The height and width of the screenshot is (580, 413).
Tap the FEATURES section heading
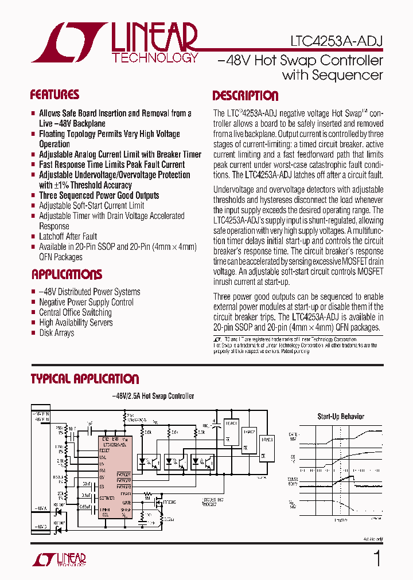pos(54,95)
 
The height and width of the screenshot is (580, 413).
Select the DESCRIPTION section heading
pos(246,96)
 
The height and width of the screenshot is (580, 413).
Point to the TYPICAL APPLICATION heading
pos(84,379)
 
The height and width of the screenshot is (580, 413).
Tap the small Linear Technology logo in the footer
pos(59,559)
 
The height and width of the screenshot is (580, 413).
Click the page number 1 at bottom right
pos(377,558)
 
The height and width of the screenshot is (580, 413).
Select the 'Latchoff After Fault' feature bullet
pos(68,236)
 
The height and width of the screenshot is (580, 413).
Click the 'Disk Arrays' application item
pos(56,333)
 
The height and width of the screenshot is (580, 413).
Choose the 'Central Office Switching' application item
pos(75,312)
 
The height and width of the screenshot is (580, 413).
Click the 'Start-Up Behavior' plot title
pos(341,417)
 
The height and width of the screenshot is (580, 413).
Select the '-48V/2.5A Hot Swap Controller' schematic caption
pos(152,396)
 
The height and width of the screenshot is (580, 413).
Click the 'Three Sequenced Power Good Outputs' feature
pos(99,195)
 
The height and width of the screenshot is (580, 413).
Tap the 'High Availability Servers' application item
pos(76,323)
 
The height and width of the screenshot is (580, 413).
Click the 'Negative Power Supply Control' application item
pos(86,302)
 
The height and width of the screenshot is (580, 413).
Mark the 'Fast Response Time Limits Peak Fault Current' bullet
pos(112,164)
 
